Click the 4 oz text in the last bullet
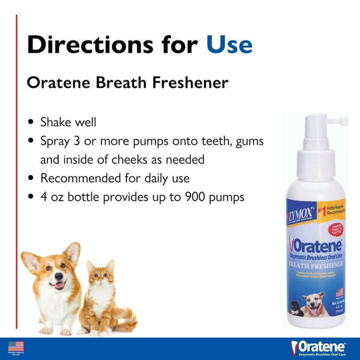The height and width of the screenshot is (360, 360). [x=55, y=197]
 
